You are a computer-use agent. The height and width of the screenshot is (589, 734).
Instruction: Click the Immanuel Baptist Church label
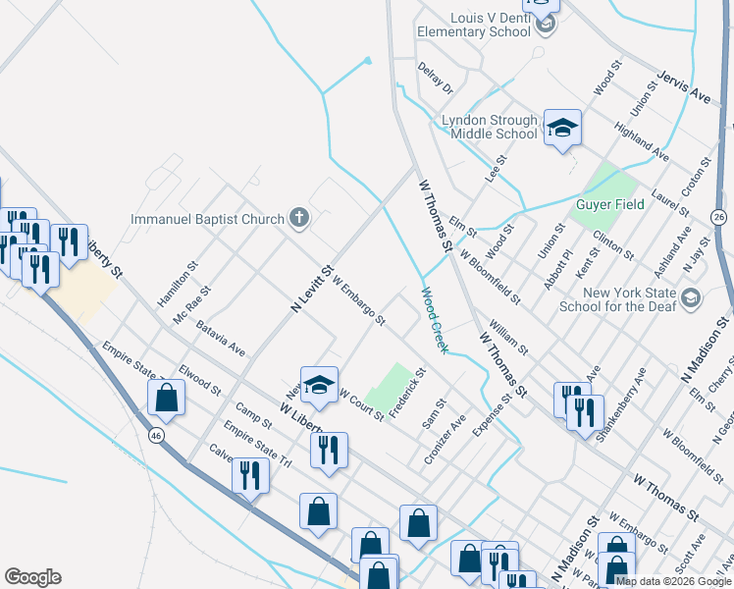pos(207,219)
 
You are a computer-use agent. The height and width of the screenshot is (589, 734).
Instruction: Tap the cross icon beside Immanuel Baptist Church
pos(299,219)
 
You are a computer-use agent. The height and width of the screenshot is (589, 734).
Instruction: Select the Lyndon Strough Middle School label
pos(490,127)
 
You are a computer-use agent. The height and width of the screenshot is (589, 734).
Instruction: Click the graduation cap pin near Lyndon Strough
pos(562,129)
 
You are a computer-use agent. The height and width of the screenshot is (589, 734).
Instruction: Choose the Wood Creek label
pos(435,320)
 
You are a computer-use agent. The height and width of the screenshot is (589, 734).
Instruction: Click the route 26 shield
pos(719,216)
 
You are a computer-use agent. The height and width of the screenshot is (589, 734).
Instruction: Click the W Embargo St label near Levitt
pos(359,301)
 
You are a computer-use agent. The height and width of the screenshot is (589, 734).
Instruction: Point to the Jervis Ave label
pos(684,86)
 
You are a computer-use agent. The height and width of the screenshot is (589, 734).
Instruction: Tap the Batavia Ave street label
pos(220,337)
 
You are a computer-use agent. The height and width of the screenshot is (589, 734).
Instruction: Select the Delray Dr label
pos(435,79)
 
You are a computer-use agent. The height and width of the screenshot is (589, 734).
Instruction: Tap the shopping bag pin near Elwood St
pos(166,399)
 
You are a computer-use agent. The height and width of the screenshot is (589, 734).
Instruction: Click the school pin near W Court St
pos(319,387)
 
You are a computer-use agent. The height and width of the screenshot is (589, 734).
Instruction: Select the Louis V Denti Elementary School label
pos(474,25)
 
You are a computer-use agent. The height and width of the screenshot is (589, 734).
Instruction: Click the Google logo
pos(32,577)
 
